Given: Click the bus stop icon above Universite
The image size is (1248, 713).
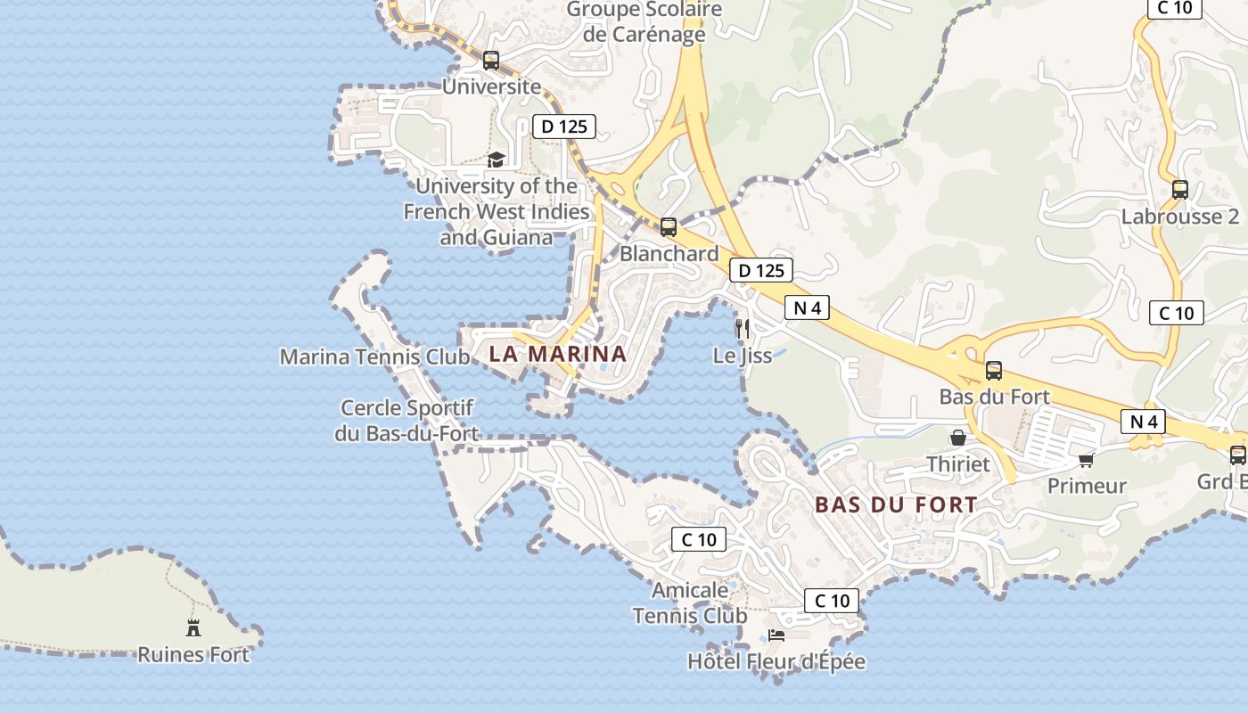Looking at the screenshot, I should click(491, 61).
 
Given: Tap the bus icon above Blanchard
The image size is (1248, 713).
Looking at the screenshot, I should click(669, 227).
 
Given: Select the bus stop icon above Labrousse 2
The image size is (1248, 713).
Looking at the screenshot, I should click(1180, 190).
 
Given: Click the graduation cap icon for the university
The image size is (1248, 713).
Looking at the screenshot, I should click(496, 160).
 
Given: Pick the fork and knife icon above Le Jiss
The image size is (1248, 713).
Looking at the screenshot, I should click(742, 329).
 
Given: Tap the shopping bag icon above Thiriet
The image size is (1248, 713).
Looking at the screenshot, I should click(958, 438).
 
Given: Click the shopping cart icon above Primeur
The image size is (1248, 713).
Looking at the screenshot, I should click(1086, 460).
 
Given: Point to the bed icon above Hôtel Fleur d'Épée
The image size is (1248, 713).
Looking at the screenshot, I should click(776, 635).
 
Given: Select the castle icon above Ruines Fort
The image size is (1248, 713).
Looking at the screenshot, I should click(193, 627).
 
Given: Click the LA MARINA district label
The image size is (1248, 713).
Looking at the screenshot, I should click(558, 354).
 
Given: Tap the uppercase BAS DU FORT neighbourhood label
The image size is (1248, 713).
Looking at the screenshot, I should click(896, 505).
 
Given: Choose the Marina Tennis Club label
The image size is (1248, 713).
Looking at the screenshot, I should click(374, 357).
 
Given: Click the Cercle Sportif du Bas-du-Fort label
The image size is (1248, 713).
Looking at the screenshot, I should click(409, 421).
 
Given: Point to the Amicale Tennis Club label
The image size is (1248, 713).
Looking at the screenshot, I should click(690, 602).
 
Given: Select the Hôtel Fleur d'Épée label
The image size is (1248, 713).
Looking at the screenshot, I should click(776, 662).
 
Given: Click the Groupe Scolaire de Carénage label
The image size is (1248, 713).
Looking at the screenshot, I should click(645, 22).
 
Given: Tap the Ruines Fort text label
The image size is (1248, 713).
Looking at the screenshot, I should click(193, 655).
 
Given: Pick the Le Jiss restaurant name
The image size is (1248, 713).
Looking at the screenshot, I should click(743, 356).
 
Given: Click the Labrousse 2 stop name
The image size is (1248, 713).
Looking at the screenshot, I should click(1180, 217).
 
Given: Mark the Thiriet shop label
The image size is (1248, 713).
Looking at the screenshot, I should click(958, 464).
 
